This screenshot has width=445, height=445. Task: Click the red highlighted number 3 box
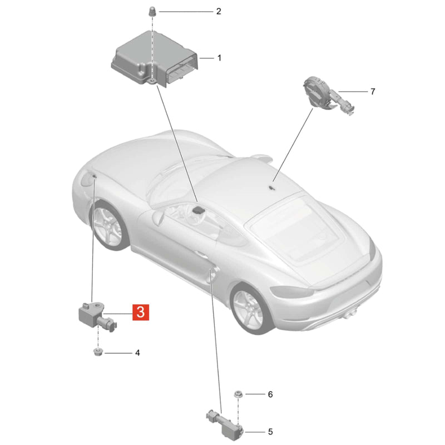coord(141,312)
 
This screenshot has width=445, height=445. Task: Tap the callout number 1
coord(219,58)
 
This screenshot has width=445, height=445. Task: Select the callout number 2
coord(219,11)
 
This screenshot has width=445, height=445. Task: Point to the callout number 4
coord(137,353)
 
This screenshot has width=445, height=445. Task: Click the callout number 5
coord(270,432)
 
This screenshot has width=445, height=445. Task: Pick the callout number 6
coord(270,394)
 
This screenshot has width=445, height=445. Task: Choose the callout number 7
coord(373,91)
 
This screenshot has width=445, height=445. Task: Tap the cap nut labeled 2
coord(152,11)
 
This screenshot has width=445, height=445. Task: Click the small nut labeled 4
coord(98,353)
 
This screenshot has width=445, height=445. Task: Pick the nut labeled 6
coord(238,394)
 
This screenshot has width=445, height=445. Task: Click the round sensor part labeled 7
coord(327,95)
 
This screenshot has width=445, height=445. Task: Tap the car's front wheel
coord(109,225)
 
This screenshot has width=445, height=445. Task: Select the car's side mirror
coord(158,217)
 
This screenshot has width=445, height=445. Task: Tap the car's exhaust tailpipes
coord(350,313)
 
